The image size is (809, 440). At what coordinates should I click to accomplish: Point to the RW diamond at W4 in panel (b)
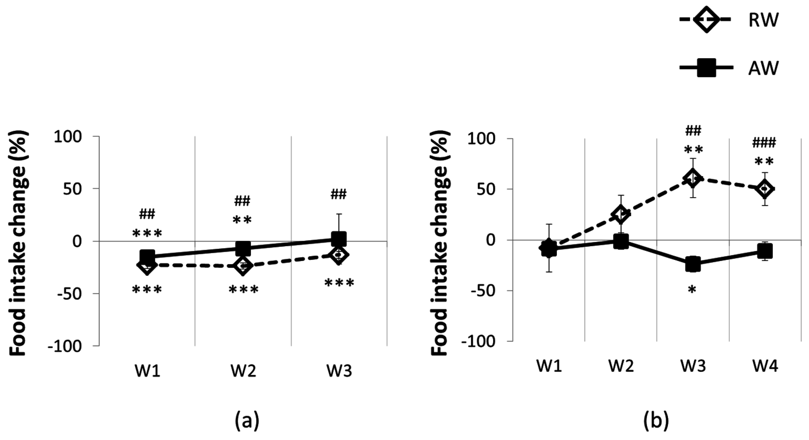point(765,188)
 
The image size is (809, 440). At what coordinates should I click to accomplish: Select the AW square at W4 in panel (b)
point(765,251)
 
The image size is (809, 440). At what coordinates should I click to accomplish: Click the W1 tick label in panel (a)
point(147,371)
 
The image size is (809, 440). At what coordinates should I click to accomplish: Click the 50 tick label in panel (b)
point(486,189)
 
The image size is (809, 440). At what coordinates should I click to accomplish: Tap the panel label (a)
point(247,421)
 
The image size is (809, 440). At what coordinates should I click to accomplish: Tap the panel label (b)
point(656,421)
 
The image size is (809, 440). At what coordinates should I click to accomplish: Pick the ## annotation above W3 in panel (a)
point(339,194)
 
